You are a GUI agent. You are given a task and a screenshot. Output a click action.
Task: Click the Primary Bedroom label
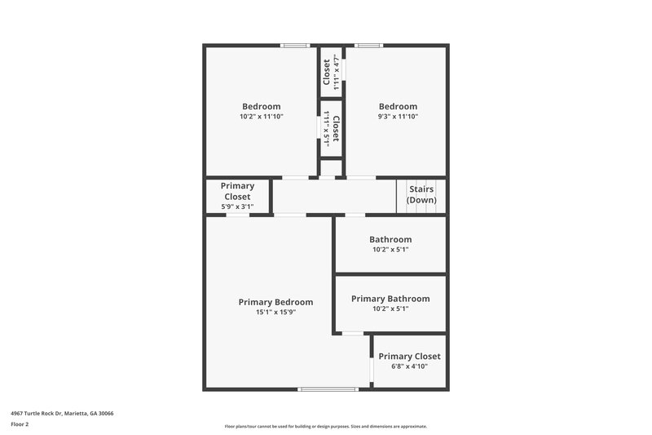coord(275,302)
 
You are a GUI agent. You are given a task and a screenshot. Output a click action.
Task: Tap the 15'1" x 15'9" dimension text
coord(275,312)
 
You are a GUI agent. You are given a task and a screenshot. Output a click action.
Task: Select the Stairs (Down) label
coord(421,194)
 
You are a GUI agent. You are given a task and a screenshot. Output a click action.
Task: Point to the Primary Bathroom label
coord(390,299)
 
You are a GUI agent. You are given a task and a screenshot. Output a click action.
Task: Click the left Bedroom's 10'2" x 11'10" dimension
coord(261,117)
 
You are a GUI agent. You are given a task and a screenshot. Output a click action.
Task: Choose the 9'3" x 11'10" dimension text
coord(398,117)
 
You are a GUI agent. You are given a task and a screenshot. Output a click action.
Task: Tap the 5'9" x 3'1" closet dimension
coord(237,206)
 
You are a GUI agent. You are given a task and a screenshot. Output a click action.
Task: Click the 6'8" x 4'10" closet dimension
coord(409,366)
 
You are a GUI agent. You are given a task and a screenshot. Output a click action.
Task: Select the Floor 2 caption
coord(20,424)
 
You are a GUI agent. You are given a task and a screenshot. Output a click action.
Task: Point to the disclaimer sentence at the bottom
coord(326,426)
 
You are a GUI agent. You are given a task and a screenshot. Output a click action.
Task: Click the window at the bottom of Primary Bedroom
coord(328,389)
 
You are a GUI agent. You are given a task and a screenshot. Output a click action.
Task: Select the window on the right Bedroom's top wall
coord(368,45)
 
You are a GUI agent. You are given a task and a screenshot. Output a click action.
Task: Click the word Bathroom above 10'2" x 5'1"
coord(390,240)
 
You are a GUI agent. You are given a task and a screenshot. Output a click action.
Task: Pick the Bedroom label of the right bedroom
coord(398,107)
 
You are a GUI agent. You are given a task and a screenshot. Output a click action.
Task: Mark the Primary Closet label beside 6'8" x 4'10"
coord(409,357)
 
